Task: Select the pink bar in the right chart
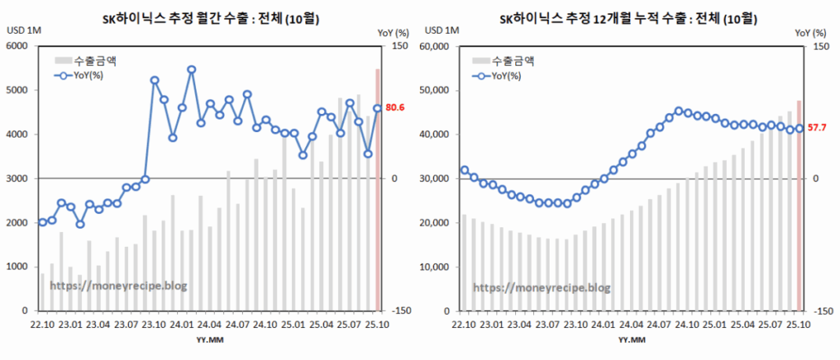coord(799,206)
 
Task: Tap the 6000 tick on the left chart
coord(16,46)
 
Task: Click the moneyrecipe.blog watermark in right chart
coord(541,288)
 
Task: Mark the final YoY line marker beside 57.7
coord(799,128)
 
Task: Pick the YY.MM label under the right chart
coord(630,339)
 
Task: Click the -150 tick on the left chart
coord(402,312)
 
